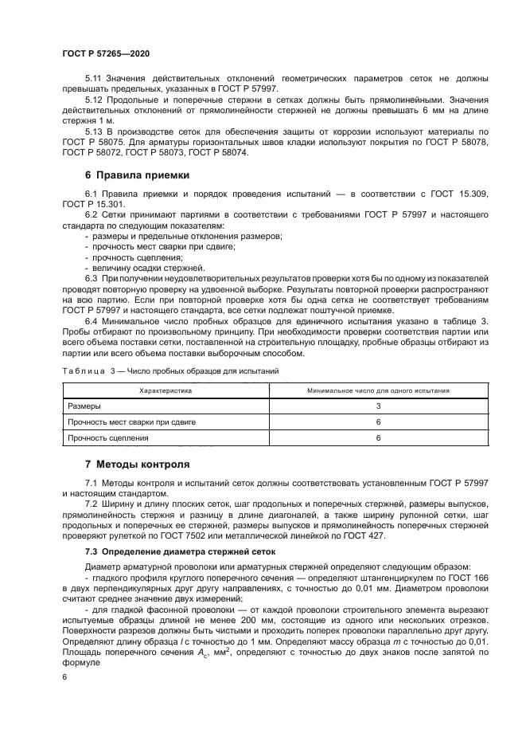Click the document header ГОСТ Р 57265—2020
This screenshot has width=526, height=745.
[x=105, y=53]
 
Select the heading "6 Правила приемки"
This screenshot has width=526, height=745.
[x=136, y=174]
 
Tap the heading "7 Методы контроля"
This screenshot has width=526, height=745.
[x=136, y=464]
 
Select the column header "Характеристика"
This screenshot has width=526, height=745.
[x=166, y=391]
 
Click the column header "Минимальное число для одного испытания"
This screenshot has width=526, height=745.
[x=378, y=391]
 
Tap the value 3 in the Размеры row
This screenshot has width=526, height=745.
[x=378, y=406]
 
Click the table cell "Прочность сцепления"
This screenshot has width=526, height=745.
[x=108, y=437]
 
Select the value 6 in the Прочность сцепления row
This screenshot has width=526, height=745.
[x=378, y=437]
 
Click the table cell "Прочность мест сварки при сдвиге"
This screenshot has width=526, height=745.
[x=131, y=422]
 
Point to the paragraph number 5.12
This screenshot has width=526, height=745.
[x=95, y=99]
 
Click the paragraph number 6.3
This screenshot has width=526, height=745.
[x=92, y=278]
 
